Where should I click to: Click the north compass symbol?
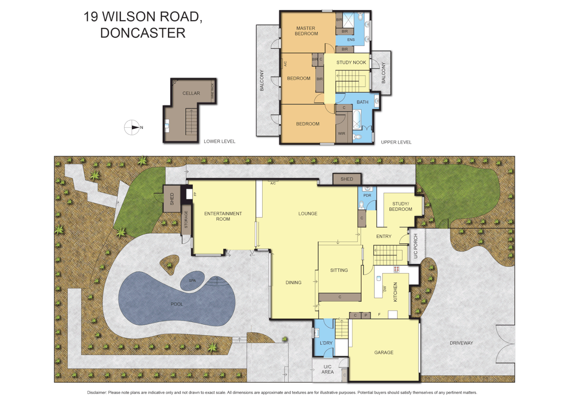click(x=132, y=127)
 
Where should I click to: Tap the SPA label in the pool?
click(x=192, y=280)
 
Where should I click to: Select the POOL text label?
click(x=176, y=304)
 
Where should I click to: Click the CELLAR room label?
click(x=191, y=93)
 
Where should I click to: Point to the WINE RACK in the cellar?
click(x=213, y=91)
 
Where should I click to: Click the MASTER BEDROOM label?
click(x=306, y=31)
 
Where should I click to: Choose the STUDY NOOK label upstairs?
click(x=351, y=62)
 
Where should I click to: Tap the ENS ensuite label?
click(x=351, y=40)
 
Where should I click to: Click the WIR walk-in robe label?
click(x=341, y=133)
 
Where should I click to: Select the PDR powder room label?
click(x=367, y=195)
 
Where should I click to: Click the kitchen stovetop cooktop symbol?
click(x=396, y=269)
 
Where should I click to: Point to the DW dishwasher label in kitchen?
click(x=385, y=289)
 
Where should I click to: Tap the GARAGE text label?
click(x=383, y=352)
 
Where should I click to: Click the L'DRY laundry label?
click(x=326, y=343)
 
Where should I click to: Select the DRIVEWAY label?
click(x=461, y=343)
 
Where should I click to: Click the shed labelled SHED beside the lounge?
click(x=347, y=179)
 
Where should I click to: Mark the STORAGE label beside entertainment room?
click(x=186, y=220)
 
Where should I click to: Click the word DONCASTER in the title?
click(x=143, y=33)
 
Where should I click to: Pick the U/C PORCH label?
click(x=415, y=246)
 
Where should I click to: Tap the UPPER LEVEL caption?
click(x=396, y=142)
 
